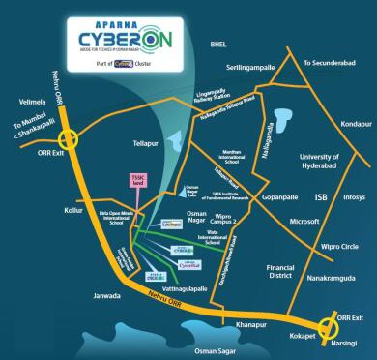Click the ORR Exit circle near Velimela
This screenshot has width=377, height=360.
click(69, 138)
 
